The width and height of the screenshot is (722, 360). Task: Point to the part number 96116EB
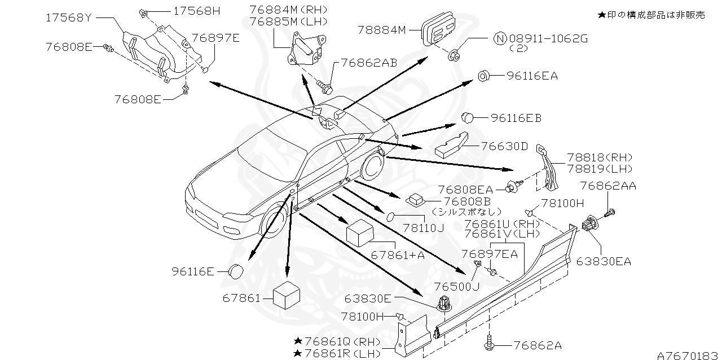(x=516, y=118)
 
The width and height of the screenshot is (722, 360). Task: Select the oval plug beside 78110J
(x=391, y=217)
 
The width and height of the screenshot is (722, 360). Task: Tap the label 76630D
(x=505, y=147)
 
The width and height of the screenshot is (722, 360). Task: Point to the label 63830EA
(x=603, y=261)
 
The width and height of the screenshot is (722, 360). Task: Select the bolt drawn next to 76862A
(x=488, y=341)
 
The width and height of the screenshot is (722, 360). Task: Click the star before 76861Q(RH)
(x=297, y=341)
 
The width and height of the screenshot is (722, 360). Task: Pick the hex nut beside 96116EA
(x=483, y=76)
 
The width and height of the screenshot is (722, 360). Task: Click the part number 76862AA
(x=607, y=186)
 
